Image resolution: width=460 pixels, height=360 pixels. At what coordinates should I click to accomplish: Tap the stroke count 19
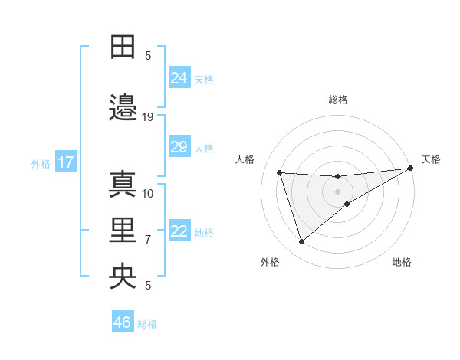[148, 117]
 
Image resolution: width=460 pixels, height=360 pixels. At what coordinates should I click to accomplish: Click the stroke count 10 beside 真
[148, 193]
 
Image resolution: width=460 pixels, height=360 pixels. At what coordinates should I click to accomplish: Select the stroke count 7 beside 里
[148, 240]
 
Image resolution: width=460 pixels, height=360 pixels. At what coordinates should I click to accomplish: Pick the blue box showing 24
[179, 77]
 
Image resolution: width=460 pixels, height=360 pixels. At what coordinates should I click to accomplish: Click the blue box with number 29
[179, 147]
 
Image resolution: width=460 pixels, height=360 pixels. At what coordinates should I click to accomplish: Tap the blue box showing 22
[179, 232]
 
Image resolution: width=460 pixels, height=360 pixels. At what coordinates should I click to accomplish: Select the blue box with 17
[65, 162]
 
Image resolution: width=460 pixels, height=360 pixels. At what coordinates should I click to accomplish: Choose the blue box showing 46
[123, 322]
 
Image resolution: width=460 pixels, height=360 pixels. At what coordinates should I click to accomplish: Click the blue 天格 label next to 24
[204, 79]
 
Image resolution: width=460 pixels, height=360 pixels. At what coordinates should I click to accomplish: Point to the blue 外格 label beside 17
[40, 163]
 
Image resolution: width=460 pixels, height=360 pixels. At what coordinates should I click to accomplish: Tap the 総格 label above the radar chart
[338, 100]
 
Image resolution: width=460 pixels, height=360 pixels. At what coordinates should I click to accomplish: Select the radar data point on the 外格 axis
[301, 242]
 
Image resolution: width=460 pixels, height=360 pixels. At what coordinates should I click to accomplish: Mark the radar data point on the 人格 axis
[280, 172]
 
